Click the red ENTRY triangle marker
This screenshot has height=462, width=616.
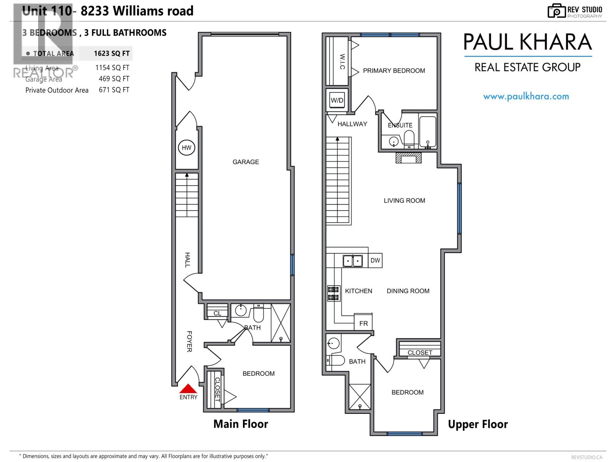pos(188,389)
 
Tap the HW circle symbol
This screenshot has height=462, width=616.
pos(187,148)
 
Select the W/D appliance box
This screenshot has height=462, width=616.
pos(337,100)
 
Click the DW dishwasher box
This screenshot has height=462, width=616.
pos(375,261)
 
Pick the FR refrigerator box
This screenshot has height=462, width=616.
pos(363,323)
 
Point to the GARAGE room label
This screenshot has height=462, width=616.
pos(246,162)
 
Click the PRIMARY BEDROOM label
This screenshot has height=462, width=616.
pos(394,71)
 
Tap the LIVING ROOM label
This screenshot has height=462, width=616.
pos(404,201)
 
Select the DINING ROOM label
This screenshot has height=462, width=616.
pos(408,291)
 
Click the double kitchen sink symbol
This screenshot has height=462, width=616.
pos(353,261)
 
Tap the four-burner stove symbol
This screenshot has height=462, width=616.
pos(333,293)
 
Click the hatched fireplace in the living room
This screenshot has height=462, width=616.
pos(408,158)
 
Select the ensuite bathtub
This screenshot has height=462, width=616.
pos(428,132)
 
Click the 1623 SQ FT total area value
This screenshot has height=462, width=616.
pos(112,54)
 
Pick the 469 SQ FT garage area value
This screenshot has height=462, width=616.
pos(114,79)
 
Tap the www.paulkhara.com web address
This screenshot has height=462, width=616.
pos(526,97)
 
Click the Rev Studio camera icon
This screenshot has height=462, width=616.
pos(556,11)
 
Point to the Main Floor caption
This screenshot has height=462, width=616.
pos(241,424)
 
